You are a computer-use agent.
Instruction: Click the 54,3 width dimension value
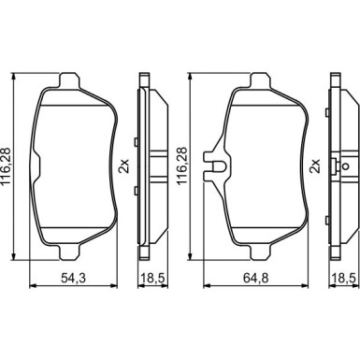point(73,278)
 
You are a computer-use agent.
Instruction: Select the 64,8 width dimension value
point(255,278)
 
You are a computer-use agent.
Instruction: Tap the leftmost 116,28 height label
point(7,166)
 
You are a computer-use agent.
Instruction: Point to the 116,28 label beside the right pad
point(182,166)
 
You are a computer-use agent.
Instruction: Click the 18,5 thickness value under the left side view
point(152,278)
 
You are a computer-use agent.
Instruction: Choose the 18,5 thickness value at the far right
point(344,278)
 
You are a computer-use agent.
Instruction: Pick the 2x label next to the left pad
point(123,166)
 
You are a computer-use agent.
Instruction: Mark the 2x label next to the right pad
point(315,166)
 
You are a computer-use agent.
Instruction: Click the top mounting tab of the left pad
point(69,80)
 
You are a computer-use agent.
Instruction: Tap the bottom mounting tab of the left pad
point(69,252)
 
